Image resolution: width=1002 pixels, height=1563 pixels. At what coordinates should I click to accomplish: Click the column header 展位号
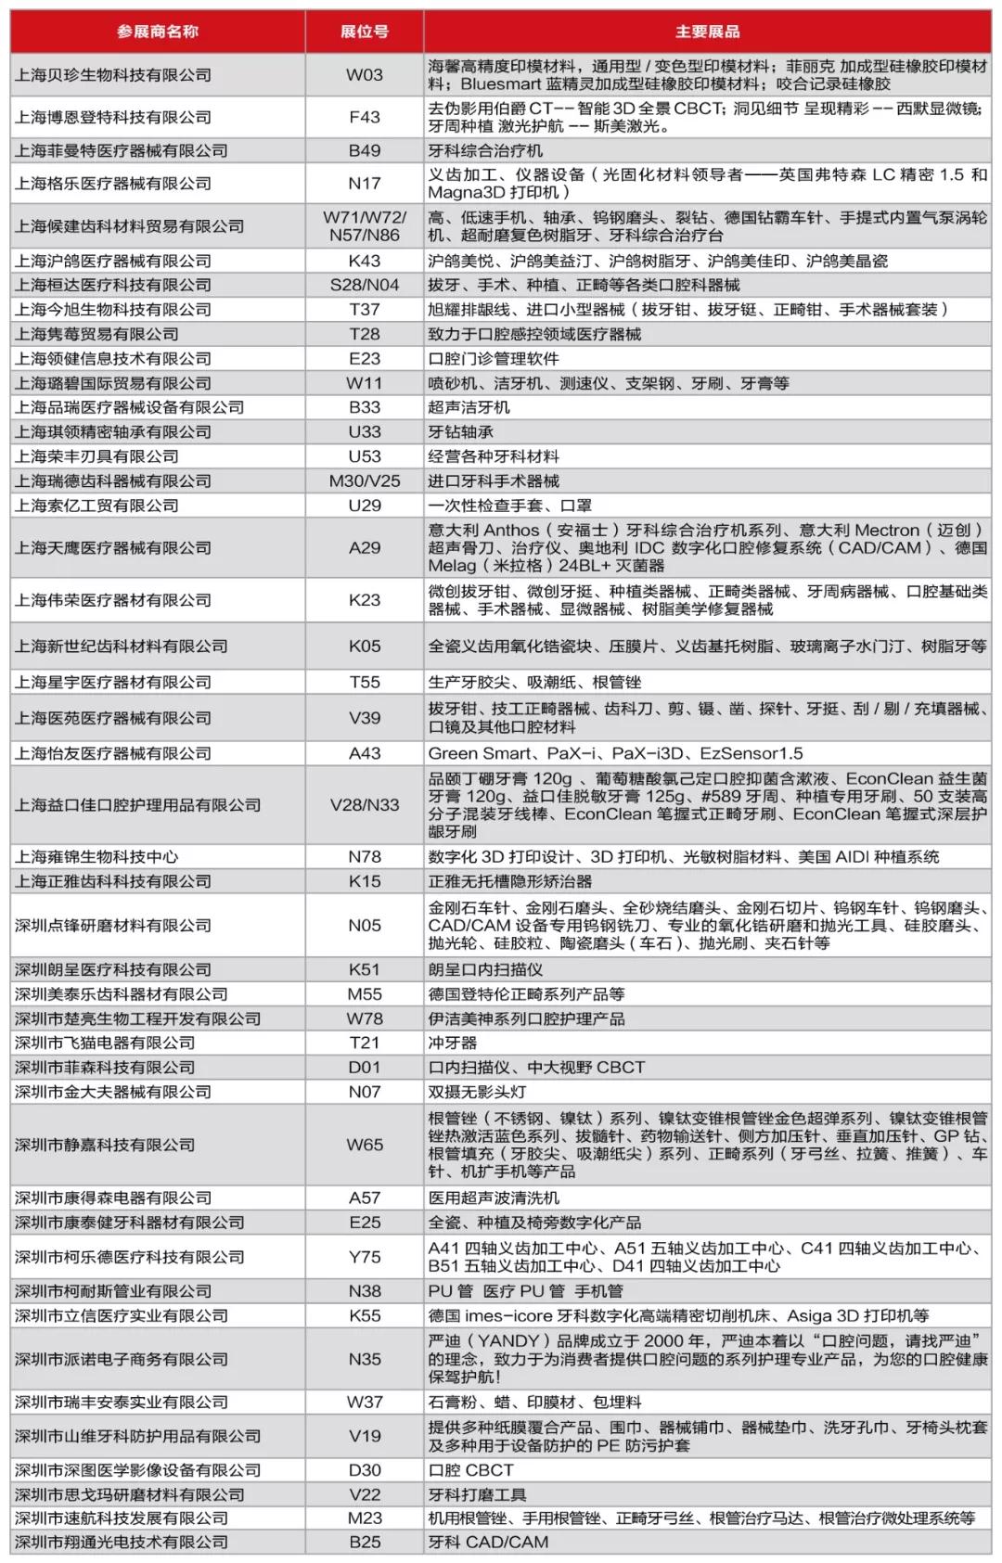pos(364,32)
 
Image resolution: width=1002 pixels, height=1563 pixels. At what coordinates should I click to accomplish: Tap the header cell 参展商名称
pos(158,32)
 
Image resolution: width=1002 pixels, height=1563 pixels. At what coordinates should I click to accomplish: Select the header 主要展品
pos(707,32)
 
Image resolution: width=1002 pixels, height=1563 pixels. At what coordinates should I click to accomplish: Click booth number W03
pos(364,75)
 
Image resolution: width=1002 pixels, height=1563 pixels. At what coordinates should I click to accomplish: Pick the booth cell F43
pos(364,117)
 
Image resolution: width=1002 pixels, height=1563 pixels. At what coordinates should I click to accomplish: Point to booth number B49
pos(364,150)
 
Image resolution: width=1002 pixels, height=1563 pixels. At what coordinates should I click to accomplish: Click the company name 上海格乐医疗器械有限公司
pos(113,184)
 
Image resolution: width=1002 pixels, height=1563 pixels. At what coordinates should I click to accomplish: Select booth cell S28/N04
pos(364,285)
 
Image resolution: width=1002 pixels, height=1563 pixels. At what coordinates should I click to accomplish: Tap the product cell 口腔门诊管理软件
pos(494,359)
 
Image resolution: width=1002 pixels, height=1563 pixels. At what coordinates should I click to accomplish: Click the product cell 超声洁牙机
pos(469,407)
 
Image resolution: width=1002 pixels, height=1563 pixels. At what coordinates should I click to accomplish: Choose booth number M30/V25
pos(364,480)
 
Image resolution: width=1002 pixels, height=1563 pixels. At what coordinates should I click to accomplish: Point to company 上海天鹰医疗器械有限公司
pos(113,548)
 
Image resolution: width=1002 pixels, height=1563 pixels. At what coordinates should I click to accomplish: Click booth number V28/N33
pos(364,805)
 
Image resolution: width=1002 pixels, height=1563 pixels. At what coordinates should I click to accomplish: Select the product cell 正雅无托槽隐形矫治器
pos(509,881)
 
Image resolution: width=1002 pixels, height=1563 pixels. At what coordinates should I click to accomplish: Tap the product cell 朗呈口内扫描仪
pos(485,969)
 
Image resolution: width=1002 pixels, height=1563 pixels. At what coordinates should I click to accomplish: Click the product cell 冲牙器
pos(453,1043)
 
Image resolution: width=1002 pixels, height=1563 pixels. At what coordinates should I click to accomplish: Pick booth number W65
pos(364,1145)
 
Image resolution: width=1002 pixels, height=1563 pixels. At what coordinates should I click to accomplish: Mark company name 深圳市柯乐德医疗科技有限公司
pos(130,1257)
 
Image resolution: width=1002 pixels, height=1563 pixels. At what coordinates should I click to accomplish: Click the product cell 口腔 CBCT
pos(470,1470)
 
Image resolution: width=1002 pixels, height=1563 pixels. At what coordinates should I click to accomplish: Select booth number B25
pos(364,1542)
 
